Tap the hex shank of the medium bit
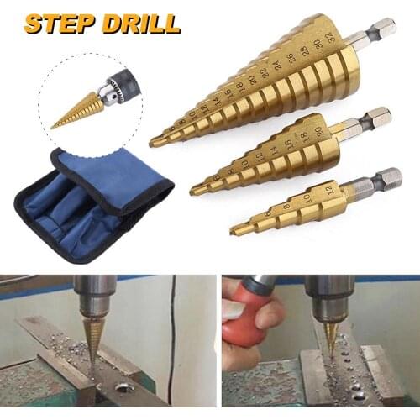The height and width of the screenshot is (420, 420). point(370,120)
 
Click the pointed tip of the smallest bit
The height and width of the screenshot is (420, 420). point(235,232)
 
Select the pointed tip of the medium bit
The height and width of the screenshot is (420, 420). point(194,192)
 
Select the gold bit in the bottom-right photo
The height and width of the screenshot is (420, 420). point(329,335)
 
